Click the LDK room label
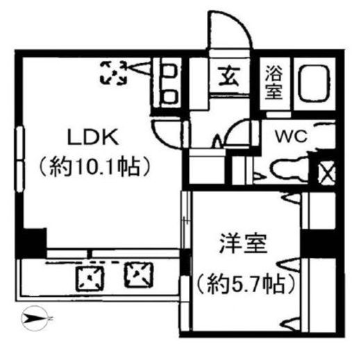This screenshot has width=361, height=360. pos(93,137)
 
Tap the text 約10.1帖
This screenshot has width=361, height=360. pos(95,167)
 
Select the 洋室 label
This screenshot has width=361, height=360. pos(243,243)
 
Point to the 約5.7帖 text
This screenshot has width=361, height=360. pos(246,284)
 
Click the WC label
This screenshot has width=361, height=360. pos(292,137)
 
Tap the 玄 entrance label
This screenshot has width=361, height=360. pos(229,76)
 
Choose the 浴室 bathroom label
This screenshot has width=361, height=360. pos(274,83)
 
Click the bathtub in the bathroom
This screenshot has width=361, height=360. pos(314,83)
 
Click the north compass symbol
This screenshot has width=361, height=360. pos(35,318)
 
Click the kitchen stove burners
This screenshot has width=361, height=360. pos(171,84)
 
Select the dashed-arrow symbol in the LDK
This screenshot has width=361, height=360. pos(114,73)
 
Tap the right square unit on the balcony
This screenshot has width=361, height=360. pos(139,275)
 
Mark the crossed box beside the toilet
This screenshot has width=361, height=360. pos(326,171)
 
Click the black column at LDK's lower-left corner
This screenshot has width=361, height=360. pos(31,243)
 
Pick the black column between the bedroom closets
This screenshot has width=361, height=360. pos(318,243)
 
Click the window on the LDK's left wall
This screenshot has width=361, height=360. pos(19,159)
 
